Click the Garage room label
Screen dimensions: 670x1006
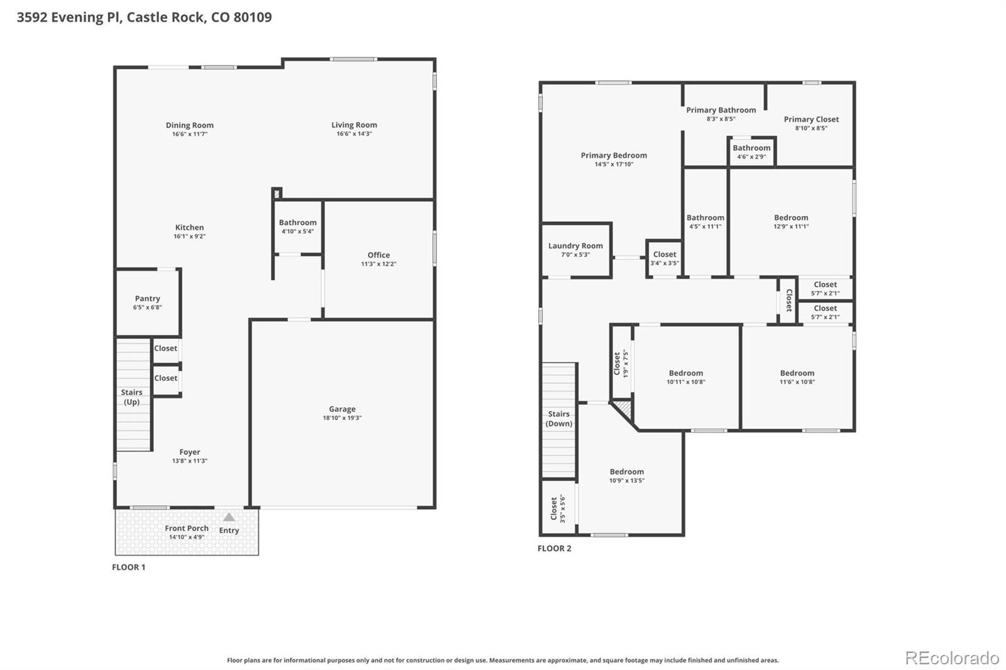coord(342,409)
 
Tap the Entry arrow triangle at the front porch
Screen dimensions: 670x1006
coord(229,517)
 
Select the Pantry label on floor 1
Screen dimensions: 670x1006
coord(147,299)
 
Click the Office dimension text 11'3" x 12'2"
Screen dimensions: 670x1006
coord(379,264)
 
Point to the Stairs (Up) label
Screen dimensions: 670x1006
coord(131,397)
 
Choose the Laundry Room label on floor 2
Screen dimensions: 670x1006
coord(575,246)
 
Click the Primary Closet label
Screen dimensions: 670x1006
coord(811,119)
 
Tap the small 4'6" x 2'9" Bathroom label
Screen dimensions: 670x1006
coord(751,148)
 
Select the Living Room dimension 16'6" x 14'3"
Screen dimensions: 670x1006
coord(354,134)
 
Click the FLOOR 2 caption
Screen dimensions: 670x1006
coord(554,548)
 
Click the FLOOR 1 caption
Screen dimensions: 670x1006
coord(128,567)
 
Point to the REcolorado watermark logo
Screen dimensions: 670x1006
coord(951,658)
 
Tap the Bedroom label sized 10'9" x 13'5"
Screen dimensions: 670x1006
coord(626,472)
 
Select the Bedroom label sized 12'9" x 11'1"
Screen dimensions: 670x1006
coord(791,217)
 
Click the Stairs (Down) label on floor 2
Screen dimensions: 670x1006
coord(558,419)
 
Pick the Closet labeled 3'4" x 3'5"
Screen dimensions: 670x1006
coord(665,255)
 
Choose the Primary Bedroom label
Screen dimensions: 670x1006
coord(614,155)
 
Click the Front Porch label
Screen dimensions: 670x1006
coord(186,528)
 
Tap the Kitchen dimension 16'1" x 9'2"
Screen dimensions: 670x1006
coord(189,236)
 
